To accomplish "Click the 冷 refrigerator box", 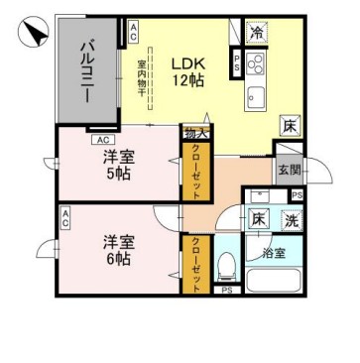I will click(257, 32).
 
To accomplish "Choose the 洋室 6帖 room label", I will click(117, 249).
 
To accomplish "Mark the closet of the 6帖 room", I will click(194, 263).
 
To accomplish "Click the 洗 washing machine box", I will click(293, 221).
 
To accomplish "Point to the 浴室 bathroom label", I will click(274, 253).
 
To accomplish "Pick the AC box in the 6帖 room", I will click(64, 219).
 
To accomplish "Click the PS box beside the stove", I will click(235, 63).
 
